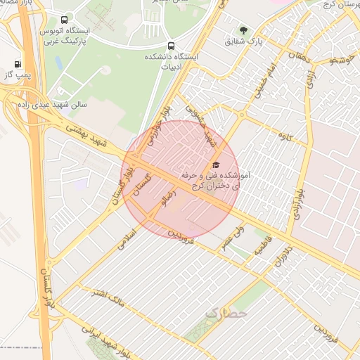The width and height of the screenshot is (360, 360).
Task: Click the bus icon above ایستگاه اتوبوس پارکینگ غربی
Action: tap(65, 20)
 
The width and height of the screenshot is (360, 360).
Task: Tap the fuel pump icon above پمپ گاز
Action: tap(18, 63)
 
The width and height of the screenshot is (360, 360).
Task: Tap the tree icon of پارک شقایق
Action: tap(243, 30)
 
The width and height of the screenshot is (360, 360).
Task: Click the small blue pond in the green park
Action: tap(58, 63)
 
